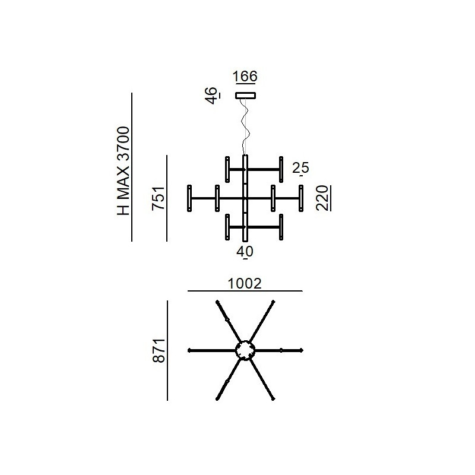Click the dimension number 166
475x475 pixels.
click(x=245, y=76)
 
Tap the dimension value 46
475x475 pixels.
click(x=211, y=96)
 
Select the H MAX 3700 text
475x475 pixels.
click(x=123, y=171)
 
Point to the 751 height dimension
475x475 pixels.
click(x=159, y=198)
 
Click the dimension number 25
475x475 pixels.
click(x=300, y=167)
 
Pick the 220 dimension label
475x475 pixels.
click(x=322, y=198)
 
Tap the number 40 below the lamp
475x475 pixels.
click(x=245, y=251)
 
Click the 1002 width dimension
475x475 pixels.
click(x=245, y=284)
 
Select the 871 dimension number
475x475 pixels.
click(x=159, y=350)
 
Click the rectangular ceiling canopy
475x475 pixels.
click(x=246, y=96)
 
